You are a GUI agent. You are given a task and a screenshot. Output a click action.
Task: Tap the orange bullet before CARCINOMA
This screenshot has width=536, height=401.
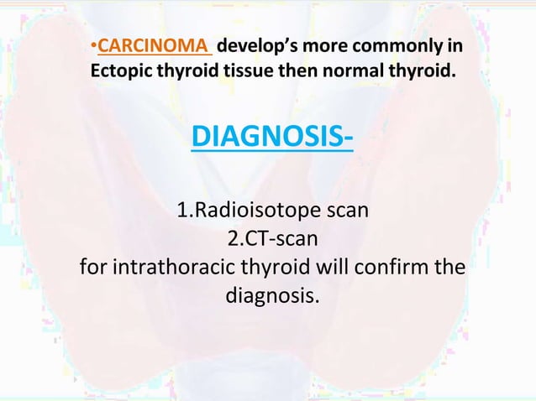94,44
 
